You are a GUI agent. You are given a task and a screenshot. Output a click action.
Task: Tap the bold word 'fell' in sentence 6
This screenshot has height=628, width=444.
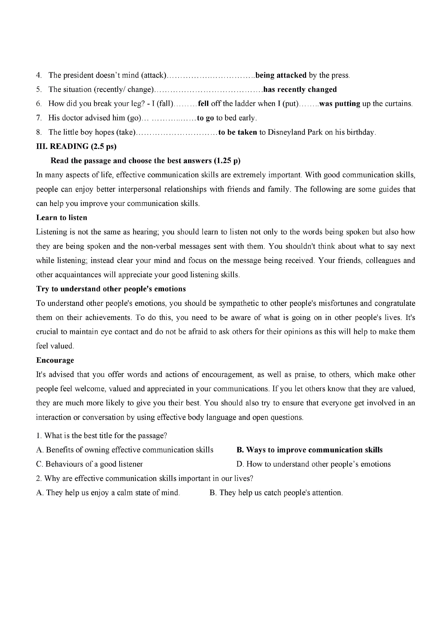(203, 104)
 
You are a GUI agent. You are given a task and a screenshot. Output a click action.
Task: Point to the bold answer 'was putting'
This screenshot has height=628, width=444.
(340, 104)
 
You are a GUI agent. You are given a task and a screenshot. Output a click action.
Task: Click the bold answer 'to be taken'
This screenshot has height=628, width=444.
(237, 132)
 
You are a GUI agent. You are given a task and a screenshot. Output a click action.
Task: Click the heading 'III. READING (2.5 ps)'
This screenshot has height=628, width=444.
(76, 147)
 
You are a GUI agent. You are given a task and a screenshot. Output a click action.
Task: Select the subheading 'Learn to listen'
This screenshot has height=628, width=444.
(62, 218)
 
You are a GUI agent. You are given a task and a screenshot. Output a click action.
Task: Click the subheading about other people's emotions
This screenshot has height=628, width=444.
(111, 289)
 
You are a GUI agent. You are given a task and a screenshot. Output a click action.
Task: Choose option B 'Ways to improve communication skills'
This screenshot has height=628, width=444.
(309, 450)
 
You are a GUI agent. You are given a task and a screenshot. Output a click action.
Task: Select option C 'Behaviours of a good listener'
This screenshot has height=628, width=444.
(89, 464)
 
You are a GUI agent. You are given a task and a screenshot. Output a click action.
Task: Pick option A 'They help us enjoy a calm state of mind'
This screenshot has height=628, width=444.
(108, 493)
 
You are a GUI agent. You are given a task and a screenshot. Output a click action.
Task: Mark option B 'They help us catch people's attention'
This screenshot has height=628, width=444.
(276, 493)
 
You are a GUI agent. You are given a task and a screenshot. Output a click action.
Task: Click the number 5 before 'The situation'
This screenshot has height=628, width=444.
(39, 90)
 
